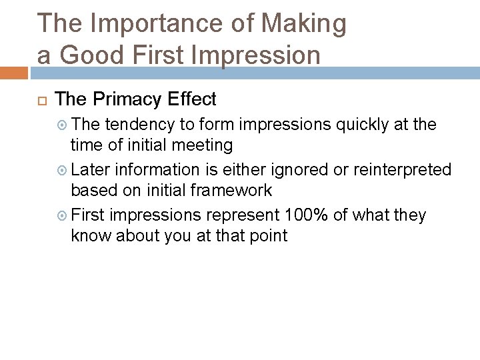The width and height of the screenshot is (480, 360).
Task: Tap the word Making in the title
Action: pyautogui.click(x=304, y=23)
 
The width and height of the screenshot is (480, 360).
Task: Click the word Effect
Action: pyautogui.click(x=192, y=99)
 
